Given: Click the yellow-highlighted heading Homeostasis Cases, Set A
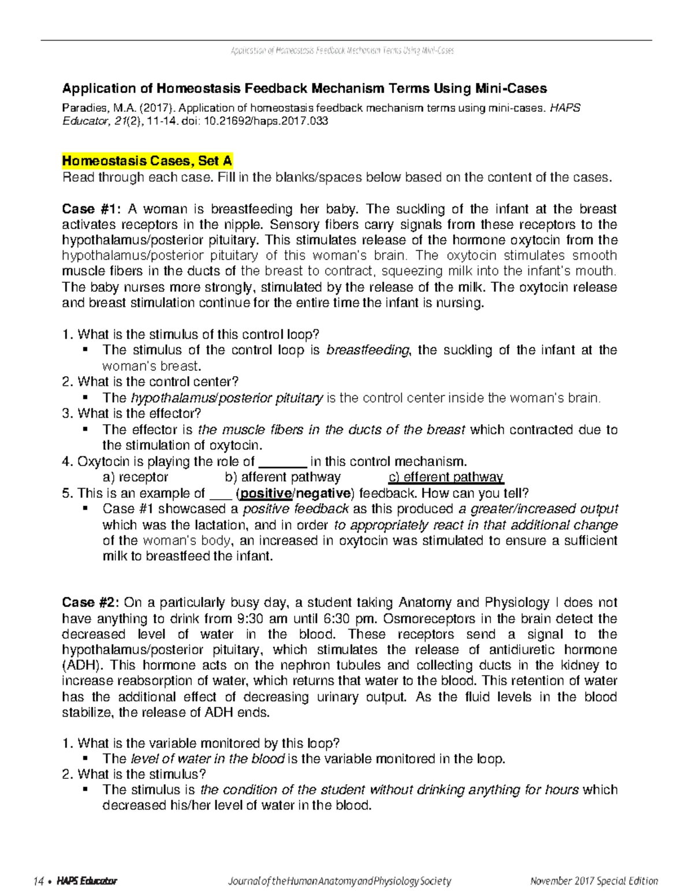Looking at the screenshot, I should pos(147,160).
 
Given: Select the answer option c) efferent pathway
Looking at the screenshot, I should pos(446,477).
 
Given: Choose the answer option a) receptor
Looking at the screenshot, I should pos(135,477).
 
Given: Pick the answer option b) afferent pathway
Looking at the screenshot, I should pos(282,477).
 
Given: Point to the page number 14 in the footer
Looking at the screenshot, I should pos(39,881).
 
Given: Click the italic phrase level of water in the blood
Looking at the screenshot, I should pos(208,759).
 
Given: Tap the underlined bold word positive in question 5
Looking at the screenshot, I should pos(266,493).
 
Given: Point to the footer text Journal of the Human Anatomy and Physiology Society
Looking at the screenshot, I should pos(340,881).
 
